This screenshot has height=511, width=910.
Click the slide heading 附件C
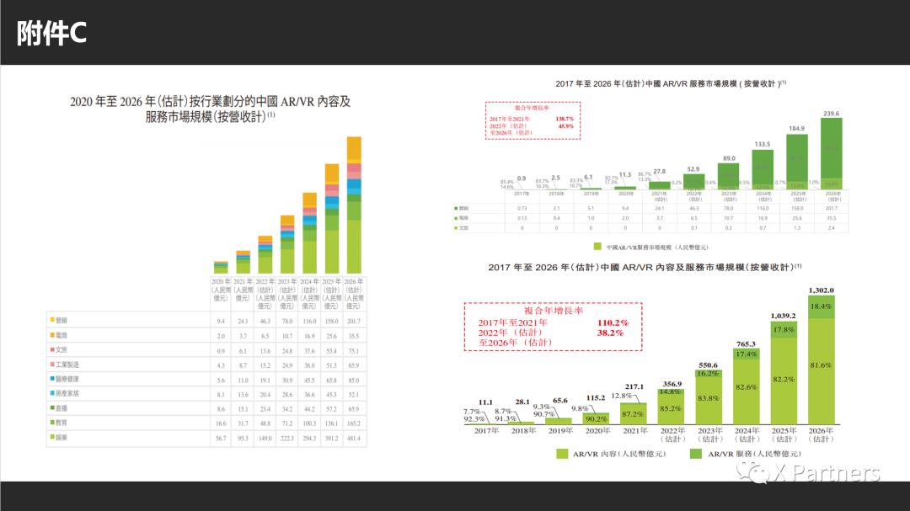coord(52,33)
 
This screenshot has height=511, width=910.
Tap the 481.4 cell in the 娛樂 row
coord(353,438)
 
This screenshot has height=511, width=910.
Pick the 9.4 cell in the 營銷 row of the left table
coord(220,321)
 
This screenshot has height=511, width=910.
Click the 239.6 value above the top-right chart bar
coord(832,113)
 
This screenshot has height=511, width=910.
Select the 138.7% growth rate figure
coord(564,120)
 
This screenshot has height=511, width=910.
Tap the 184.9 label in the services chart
coord(795,129)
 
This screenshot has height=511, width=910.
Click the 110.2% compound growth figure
coord(613,322)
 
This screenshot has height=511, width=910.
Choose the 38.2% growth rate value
coord(610,333)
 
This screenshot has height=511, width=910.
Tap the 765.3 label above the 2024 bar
coord(747,343)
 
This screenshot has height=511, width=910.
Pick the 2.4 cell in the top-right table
coord(832,228)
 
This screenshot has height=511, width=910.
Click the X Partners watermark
coord(809,472)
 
